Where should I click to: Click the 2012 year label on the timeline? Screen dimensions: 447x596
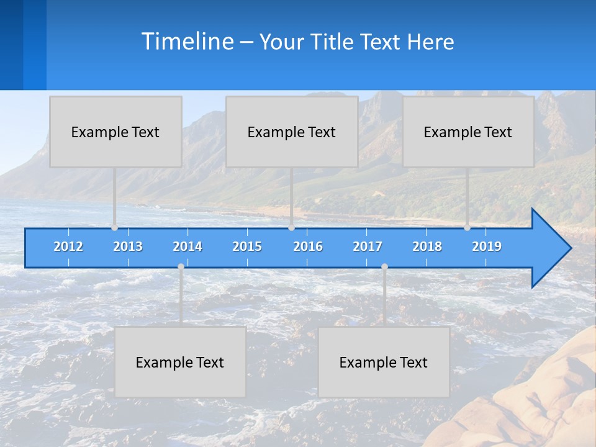coord(68,246)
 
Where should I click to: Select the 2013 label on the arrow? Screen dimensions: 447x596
coord(128,246)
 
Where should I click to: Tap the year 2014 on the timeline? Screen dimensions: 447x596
coord(187,246)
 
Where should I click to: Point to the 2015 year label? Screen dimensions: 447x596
coord(247,246)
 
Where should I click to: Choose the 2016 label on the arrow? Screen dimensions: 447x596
coord(308,246)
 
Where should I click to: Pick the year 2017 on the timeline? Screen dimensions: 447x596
coord(368,246)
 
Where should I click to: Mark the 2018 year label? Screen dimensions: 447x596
coord(427,246)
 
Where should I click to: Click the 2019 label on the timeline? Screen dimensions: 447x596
coord(487,246)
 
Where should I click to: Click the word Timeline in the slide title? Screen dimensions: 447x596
coord(187,41)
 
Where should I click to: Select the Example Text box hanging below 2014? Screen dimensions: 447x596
coord(180,362)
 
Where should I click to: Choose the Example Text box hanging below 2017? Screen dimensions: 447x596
coord(384,362)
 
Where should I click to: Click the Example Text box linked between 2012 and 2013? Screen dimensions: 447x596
coord(115,132)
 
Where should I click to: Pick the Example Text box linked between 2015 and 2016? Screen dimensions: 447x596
coord(292,132)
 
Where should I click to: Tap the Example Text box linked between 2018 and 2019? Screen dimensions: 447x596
coord(468,132)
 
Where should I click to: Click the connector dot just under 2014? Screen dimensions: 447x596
coord(181,266)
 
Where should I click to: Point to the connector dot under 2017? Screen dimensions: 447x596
coord(384,266)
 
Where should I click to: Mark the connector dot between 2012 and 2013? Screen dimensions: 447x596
coord(115,228)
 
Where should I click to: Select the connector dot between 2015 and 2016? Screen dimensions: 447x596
coord(292,228)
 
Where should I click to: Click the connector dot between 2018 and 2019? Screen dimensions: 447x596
coord(467,228)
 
